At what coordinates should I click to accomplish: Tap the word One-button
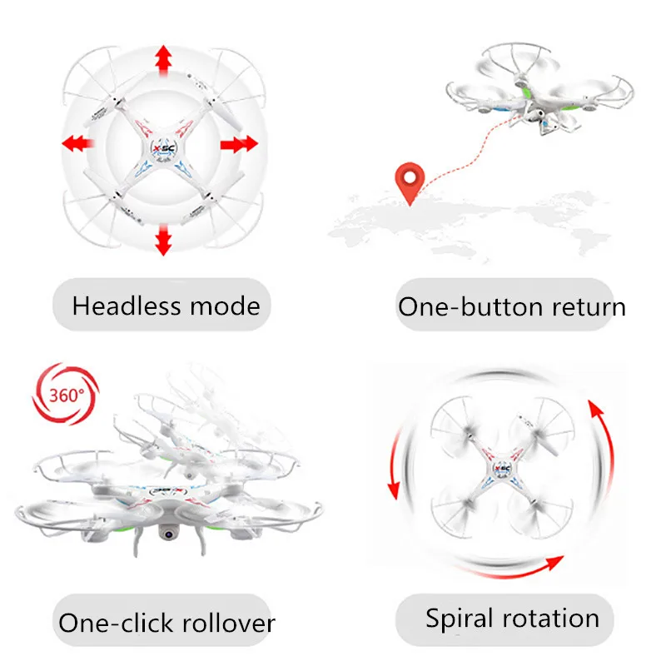point(459,306)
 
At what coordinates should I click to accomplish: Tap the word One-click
point(117,623)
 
